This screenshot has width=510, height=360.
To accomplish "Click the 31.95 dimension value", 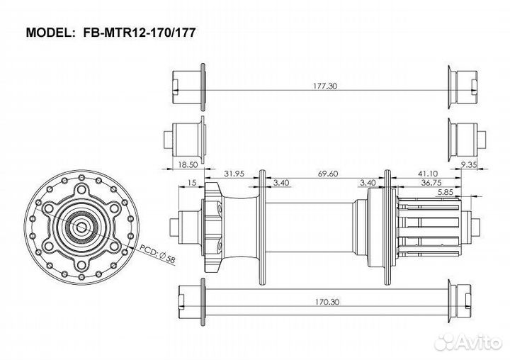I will click(234, 173).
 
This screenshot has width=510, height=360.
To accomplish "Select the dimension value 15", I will click(193, 182).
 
